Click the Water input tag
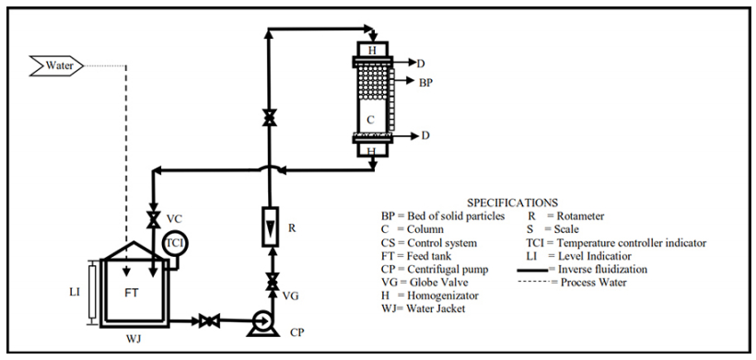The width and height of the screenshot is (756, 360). (x=56, y=65)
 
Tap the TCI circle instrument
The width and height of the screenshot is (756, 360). (x=175, y=242)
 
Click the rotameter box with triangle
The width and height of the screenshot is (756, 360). (x=270, y=226)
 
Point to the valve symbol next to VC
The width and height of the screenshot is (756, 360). (x=154, y=220)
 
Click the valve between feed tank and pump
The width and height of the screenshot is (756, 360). (x=209, y=320)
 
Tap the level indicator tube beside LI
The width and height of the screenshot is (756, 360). (x=92, y=292)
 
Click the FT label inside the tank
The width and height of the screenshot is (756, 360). (x=132, y=293)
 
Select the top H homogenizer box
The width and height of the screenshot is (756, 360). (x=372, y=50)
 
